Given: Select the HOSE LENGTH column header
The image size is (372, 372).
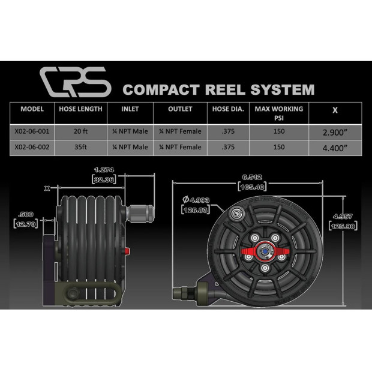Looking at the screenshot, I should click(80, 109).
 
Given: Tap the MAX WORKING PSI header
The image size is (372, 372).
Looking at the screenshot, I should click(278, 113).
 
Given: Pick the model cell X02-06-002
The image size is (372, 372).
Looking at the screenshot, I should click(32, 147).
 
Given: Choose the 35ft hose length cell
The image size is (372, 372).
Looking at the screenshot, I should click(80, 147).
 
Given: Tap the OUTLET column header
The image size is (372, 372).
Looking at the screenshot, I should click(180, 109).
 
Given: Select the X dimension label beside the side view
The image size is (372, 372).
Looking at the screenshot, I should click(47, 188).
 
